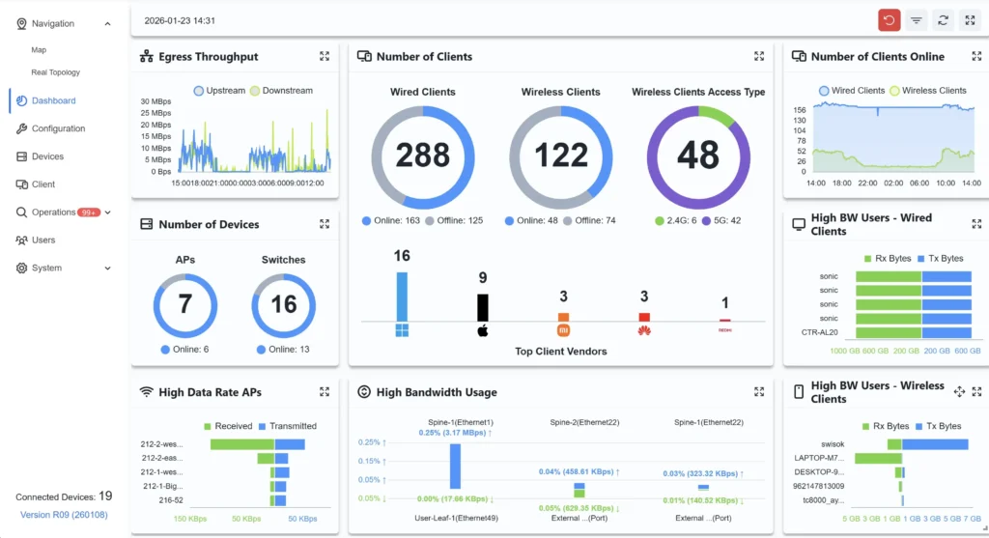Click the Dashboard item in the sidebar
[53, 100]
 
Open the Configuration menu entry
[58, 128]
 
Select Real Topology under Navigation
[55, 72]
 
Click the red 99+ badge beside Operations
[90, 212]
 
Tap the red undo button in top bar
[890, 19]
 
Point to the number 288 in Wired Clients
[423, 155]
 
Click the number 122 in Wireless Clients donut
[561, 155]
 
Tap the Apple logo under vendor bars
[483, 331]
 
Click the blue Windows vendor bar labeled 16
[402, 296]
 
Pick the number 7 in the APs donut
[184, 305]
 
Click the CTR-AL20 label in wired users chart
[821, 332]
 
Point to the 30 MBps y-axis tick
[155, 101]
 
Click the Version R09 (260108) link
[65, 515]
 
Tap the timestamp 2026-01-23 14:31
[180, 19]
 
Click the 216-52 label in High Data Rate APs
[170, 500]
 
